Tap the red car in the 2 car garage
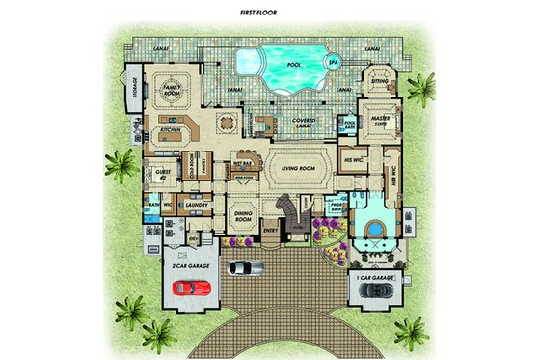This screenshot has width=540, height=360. (x=188, y=286)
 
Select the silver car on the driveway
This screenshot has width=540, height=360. (x=248, y=267)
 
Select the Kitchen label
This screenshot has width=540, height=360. (x=173, y=128)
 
